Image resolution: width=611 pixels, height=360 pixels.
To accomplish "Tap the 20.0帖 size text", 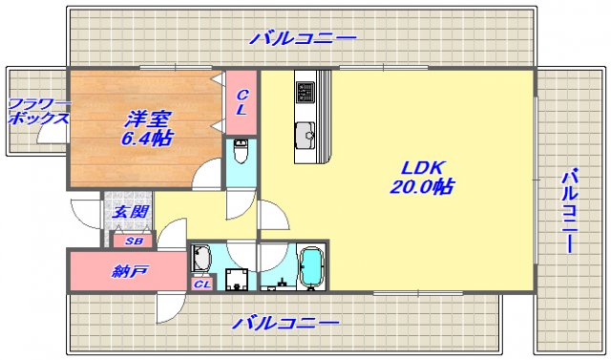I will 421,188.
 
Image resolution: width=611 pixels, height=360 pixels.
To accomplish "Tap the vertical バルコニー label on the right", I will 568,211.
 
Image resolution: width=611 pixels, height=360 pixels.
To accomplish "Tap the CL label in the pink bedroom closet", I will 242,102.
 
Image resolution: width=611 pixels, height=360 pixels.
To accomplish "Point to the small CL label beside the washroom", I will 202,284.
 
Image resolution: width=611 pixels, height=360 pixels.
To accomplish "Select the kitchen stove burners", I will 305,92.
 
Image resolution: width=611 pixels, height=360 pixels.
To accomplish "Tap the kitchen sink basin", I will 305,133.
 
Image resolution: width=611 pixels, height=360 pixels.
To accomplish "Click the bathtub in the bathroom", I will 312,267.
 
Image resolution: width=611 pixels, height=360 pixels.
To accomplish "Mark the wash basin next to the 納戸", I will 201,259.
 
